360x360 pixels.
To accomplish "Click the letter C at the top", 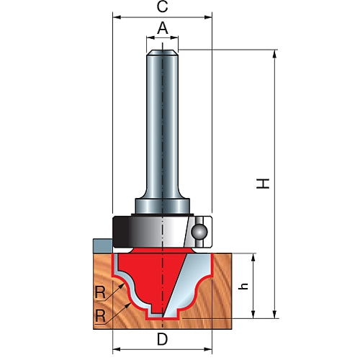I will [162, 7].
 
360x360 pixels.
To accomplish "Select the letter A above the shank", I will [163, 28].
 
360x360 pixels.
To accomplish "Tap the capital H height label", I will [265, 184].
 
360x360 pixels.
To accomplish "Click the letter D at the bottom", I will [163, 339].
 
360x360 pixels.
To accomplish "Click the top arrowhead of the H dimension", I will [275, 54].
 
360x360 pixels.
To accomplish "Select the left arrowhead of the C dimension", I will [116, 15].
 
